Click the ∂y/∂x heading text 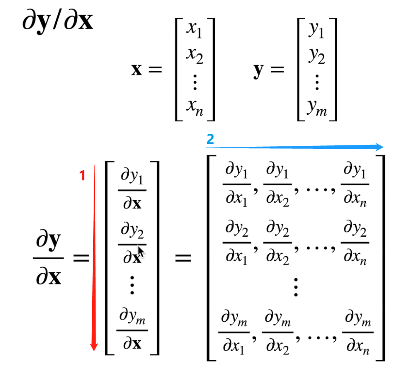click(x=57, y=22)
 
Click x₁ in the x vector click(x=195, y=31)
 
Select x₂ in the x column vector click(x=195, y=56)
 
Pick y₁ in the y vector click(x=316, y=31)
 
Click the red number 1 click(x=82, y=176)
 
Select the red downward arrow click(x=94, y=258)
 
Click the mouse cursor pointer click(x=141, y=251)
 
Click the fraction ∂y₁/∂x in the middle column click(x=132, y=189)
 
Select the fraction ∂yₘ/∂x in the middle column click(x=132, y=331)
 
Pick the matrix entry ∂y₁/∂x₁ click(x=236, y=184)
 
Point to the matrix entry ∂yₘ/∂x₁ click(x=236, y=332)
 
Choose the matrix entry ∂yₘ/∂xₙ click(x=358, y=332)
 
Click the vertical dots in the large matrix click(x=296, y=287)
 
